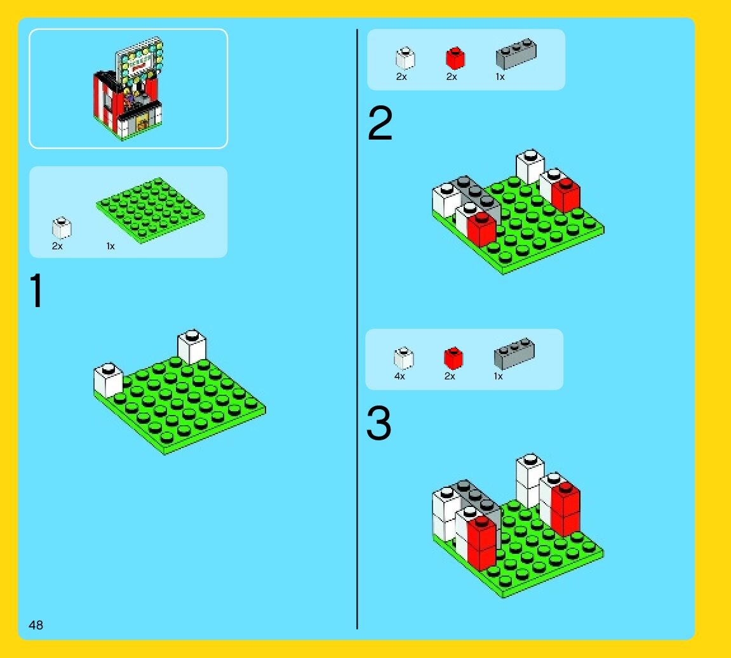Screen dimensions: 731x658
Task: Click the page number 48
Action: [36, 625]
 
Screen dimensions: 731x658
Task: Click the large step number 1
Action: [36, 290]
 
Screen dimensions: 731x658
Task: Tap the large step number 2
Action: [380, 123]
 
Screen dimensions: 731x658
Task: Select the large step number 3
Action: [379, 423]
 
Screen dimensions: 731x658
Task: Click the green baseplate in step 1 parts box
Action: [150, 210]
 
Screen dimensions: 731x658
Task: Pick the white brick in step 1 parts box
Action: [62, 228]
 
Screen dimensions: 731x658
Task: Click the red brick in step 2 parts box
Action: [455, 58]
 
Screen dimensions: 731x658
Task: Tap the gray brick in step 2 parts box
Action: [516, 53]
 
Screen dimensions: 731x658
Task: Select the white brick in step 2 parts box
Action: [405, 58]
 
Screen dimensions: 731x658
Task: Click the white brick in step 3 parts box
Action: [404, 358]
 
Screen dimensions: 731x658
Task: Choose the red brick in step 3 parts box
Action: [453, 358]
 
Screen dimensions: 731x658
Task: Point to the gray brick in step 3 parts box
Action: [514, 353]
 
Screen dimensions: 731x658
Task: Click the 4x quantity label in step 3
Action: [399, 376]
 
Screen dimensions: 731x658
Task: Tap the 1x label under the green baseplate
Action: [111, 246]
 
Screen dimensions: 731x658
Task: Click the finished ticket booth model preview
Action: [128, 88]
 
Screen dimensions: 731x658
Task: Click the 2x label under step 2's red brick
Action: [452, 77]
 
